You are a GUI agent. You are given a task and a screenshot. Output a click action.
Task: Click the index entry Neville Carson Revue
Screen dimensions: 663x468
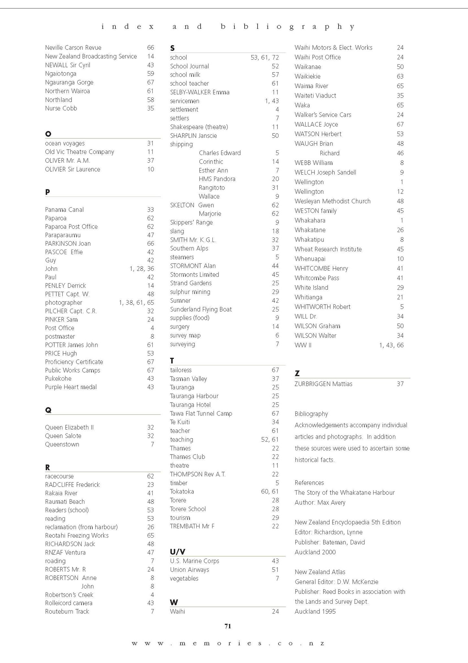click(x=73, y=48)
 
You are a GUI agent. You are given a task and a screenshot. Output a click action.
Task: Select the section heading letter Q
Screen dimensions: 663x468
click(x=48, y=410)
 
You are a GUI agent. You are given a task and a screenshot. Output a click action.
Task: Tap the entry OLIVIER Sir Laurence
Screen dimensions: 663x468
click(x=72, y=169)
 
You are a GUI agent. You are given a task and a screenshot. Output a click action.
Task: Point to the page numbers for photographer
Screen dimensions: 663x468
click(x=136, y=303)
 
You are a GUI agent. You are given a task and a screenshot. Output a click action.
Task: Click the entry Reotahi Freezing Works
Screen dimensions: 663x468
click(x=77, y=535)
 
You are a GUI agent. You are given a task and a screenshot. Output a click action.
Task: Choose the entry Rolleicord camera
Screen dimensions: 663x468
click(x=69, y=603)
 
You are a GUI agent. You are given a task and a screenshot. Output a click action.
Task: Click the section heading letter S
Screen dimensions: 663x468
click(x=172, y=48)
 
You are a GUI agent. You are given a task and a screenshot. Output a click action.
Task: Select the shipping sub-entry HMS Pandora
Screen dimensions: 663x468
click(x=217, y=179)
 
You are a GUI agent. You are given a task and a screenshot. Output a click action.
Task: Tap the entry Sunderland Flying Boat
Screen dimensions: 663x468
click(x=201, y=309)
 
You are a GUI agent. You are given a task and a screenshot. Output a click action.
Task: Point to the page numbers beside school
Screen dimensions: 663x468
click(x=264, y=58)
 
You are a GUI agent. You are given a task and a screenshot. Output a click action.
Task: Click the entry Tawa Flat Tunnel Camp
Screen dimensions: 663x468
click(x=201, y=413)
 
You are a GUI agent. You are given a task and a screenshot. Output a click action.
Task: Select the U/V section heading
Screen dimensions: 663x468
click(x=178, y=552)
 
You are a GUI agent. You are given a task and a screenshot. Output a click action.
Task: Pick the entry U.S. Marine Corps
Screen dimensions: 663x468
click(x=194, y=561)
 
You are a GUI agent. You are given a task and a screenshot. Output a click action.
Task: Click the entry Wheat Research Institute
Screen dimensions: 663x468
click(x=328, y=249)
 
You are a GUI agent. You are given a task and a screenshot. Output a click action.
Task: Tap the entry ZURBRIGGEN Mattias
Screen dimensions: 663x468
click(x=323, y=384)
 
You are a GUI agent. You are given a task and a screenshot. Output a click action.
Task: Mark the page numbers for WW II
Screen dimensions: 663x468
click(x=391, y=345)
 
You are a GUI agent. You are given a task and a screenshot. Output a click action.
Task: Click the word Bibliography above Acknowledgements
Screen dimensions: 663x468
click(x=311, y=414)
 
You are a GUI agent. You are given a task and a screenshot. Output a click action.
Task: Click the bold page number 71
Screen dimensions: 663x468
click(x=228, y=626)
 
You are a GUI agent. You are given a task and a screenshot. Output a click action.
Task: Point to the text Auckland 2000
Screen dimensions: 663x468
click(x=315, y=552)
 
